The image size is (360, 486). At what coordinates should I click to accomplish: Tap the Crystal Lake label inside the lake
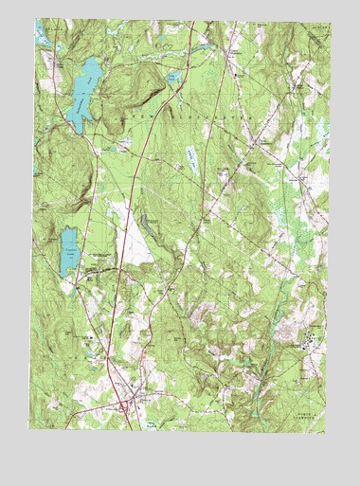67,253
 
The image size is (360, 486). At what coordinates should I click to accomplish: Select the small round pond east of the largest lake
172,79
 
